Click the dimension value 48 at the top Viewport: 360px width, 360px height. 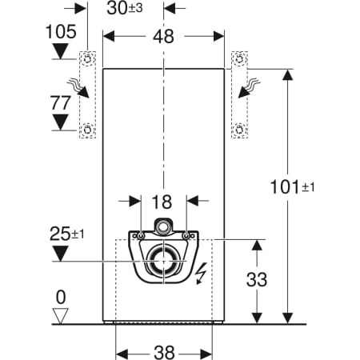[x=163, y=36]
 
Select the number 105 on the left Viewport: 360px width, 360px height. [x=62, y=32]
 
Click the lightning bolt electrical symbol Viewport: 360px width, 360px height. [x=202, y=274]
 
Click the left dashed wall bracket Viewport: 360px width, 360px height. [x=87, y=94]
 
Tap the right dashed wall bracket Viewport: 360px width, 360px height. [x=238, y=94]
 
